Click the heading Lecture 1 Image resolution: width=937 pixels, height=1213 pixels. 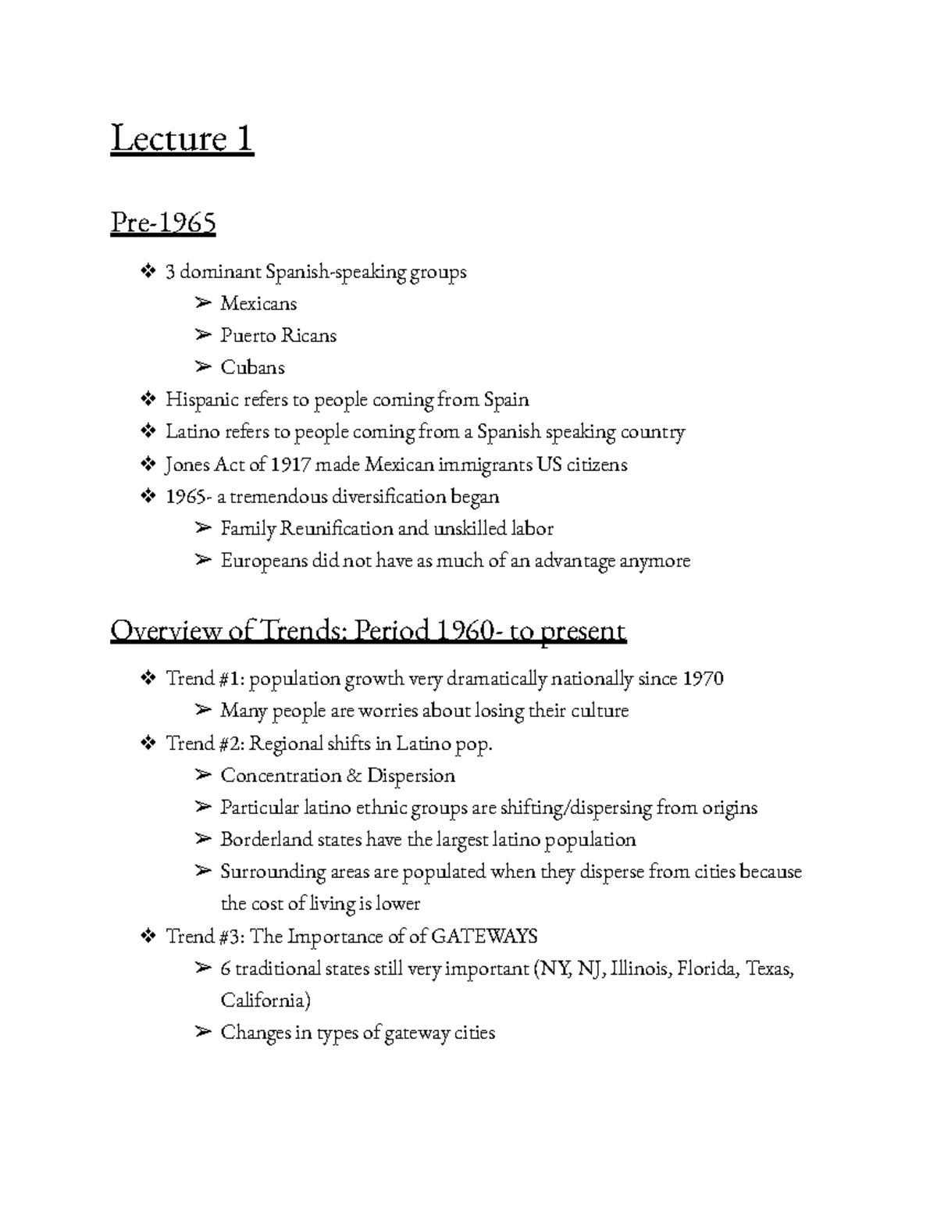[x=182, y=139]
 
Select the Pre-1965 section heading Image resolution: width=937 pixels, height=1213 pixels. [x=163, y=223]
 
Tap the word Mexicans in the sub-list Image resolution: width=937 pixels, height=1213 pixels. [x=258, y=303]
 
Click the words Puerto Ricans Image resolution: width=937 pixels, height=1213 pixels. [x=278, y=335]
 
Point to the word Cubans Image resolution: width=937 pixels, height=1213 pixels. [x=252, y=367]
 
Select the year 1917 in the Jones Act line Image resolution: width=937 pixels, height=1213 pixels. [x=290, y=465]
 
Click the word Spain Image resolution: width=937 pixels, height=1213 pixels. [x=506, y=400]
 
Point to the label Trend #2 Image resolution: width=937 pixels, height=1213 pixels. [x=205, y=744]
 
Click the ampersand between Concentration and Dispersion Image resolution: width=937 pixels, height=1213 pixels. [x=353, y=776]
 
